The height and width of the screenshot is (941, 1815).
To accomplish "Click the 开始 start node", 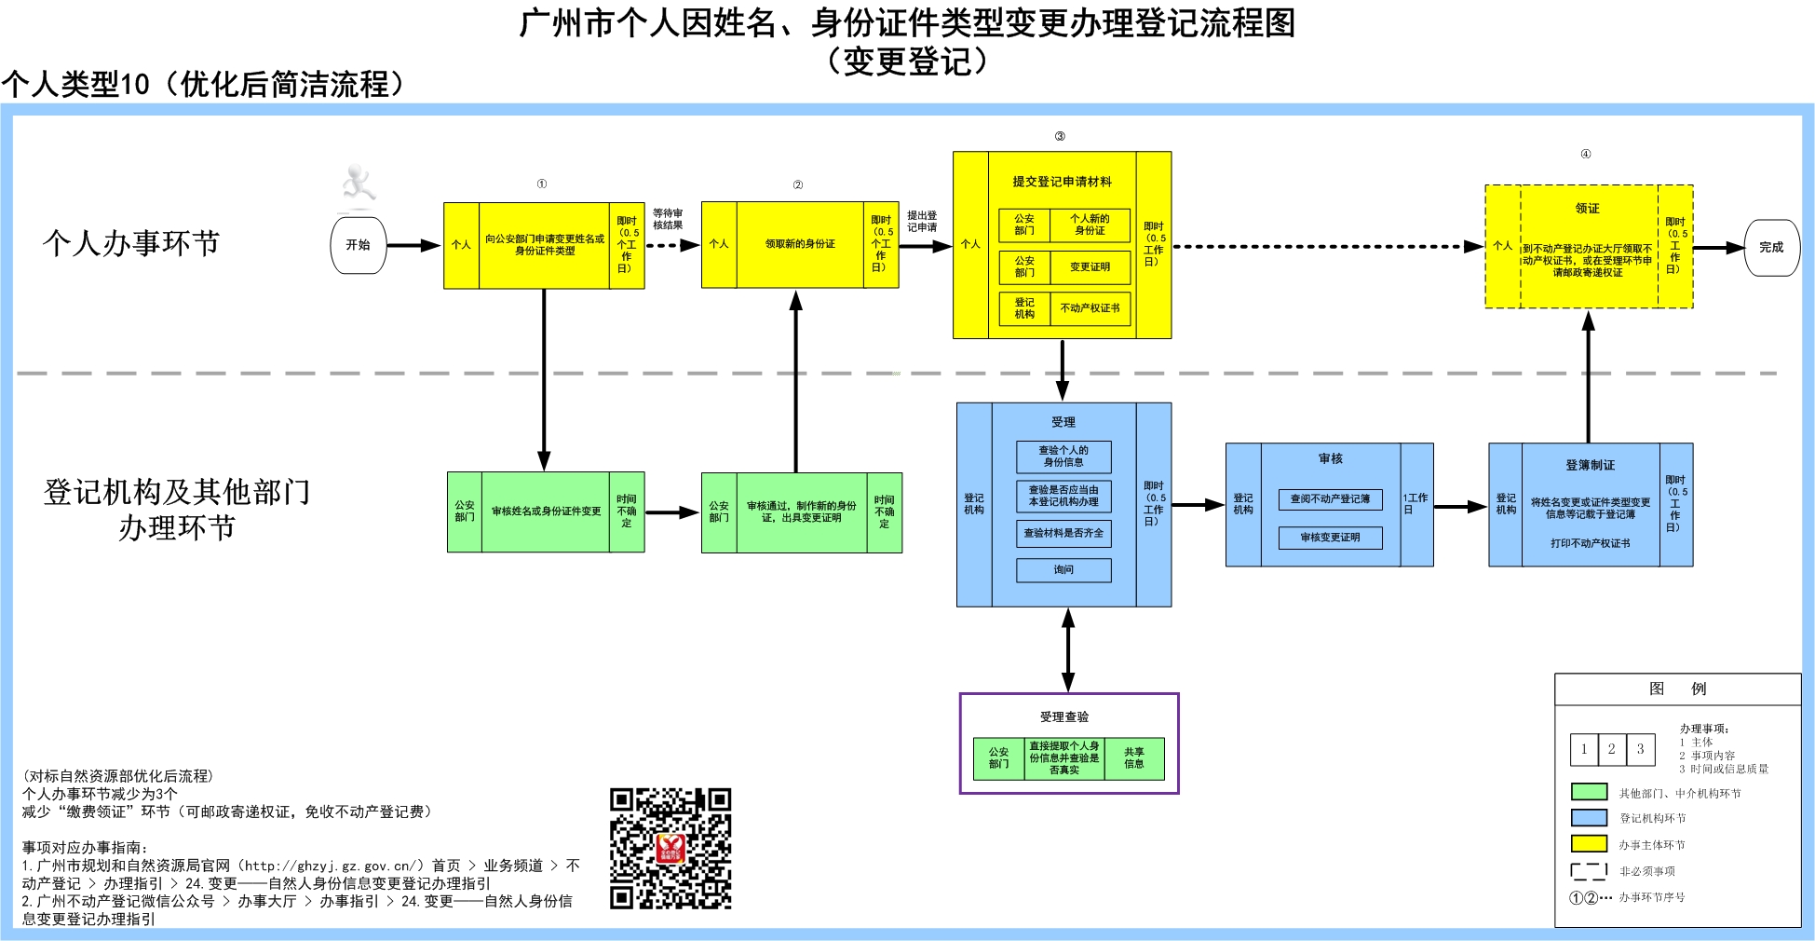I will tap(359, 245).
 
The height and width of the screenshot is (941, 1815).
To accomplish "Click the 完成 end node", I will tap(1771, 248).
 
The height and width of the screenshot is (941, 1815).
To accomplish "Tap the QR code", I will tap(670, 848).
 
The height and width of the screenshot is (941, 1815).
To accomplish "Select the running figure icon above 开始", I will tap(358, 184).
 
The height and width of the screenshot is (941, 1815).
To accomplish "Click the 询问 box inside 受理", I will tap(1063, 569).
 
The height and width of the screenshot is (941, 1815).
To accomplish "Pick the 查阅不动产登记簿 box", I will tap(1330, 499).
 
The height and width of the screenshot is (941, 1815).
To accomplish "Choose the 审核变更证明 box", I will tap(1330, 538).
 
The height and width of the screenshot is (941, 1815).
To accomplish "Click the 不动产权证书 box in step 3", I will tap(1090, 308).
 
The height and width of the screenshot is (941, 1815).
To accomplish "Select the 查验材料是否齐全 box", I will tap(1063, 533).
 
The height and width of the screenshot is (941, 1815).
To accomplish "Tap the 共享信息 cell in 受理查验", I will tap(1133, 758).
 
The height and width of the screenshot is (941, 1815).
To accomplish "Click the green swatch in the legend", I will tap(1589, 792).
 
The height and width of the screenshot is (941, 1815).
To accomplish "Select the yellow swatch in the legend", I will tap(1589, 844).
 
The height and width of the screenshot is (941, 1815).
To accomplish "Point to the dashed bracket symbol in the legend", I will tap(1589, 871).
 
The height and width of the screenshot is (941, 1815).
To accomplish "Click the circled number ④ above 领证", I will tap(1585, 155).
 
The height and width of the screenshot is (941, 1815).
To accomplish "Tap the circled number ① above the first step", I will tap(541, 184).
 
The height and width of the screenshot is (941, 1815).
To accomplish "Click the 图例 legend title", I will tap(1677, 689).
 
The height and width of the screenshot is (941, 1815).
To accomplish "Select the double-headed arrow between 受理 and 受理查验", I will tap(1068, 649).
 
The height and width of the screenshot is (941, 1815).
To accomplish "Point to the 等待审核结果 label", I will tap(668, 219).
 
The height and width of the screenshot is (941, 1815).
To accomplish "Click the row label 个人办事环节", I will tap(131, 243).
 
